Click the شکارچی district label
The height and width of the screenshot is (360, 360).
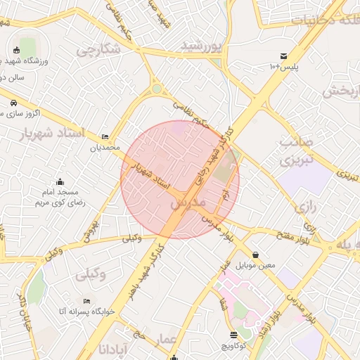pos(98,51)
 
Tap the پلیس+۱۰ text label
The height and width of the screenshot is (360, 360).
pos(284,67)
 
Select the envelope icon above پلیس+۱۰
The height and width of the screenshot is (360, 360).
pos(283,56)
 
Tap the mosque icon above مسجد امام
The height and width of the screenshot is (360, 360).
pos(60,181)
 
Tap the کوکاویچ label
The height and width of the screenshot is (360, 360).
pos(233,346)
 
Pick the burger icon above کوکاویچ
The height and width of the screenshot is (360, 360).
pos(233,335)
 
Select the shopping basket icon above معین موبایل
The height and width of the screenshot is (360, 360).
pos(255,255)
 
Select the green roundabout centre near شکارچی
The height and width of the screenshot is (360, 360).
pos(156,89)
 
